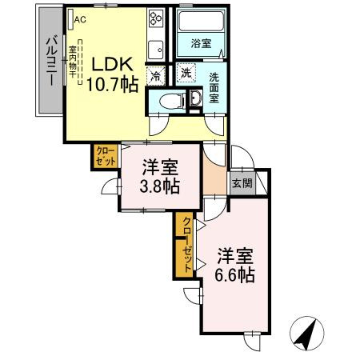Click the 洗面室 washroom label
[x=214, y=87]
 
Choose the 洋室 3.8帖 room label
[x=160, y=177]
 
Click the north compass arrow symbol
[x=305, y=332]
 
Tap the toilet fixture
[x=168, y=101]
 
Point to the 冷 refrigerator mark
[x=154, y=76]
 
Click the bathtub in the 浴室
[x=200, y=25]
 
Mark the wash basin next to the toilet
[x=195, y=99]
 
